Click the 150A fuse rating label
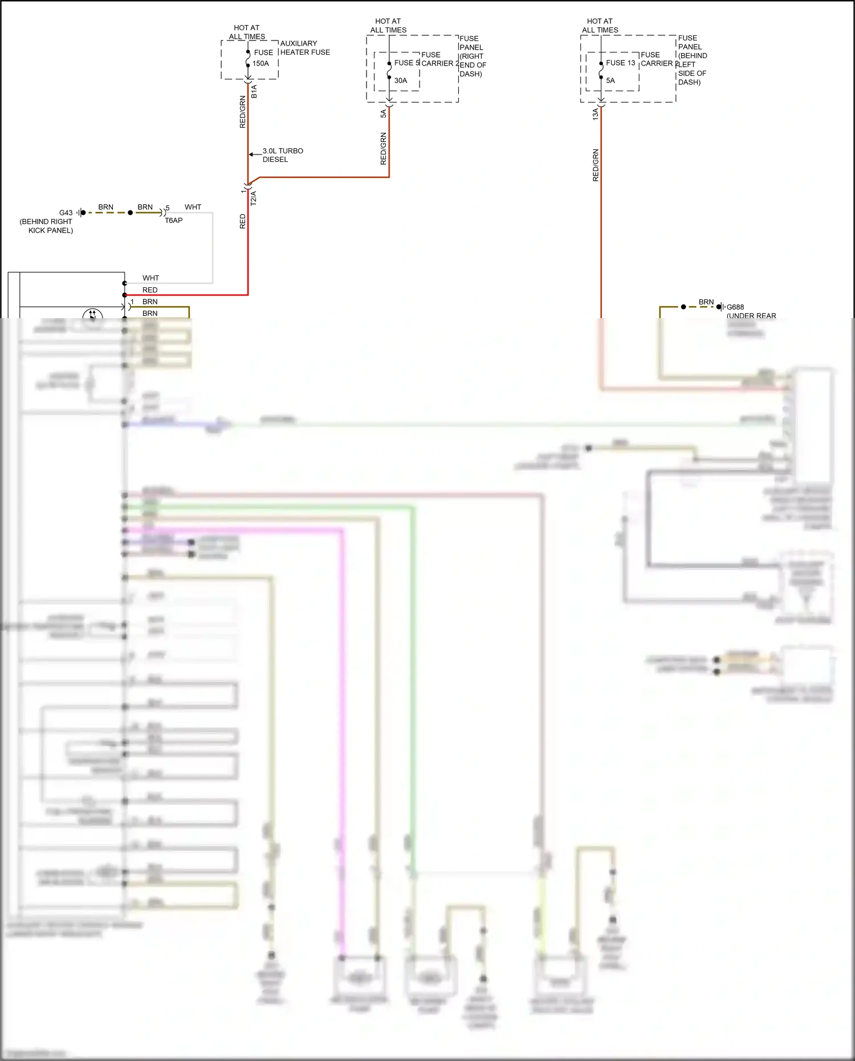(x=260, y=64)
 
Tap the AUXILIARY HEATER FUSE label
(x=305, y=48)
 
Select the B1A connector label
(x=254, y=91)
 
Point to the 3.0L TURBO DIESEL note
(x=283, y=155)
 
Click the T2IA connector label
(x=254, y=198)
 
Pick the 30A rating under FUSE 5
(x=401, y=81)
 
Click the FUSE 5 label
(x=406, y=63)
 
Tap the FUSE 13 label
(x=620, y=63)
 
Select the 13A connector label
(x=596, y=113)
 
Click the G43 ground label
(x=66, y=213)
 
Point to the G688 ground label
(x=735, y=307)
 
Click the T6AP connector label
(x=174, y=221)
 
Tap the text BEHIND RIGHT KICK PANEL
(x=47, y=226)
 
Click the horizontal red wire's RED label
(x=150, y=290)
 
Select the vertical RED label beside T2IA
(x=243, y=221)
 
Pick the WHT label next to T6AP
(x=193, y=207)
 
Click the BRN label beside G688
(x=706, y=302)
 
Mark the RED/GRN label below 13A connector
(x=596, y=165)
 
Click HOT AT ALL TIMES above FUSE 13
(x=600, y=26)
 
